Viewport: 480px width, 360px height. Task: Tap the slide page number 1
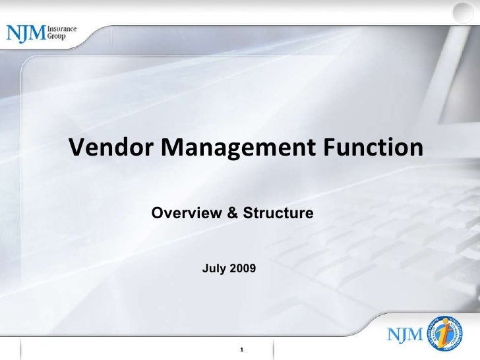click(243, 348)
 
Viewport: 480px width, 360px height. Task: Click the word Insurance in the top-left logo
click(61, 29)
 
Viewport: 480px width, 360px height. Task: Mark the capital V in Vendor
click(77, 148)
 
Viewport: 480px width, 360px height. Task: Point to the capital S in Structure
click(247, 214)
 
